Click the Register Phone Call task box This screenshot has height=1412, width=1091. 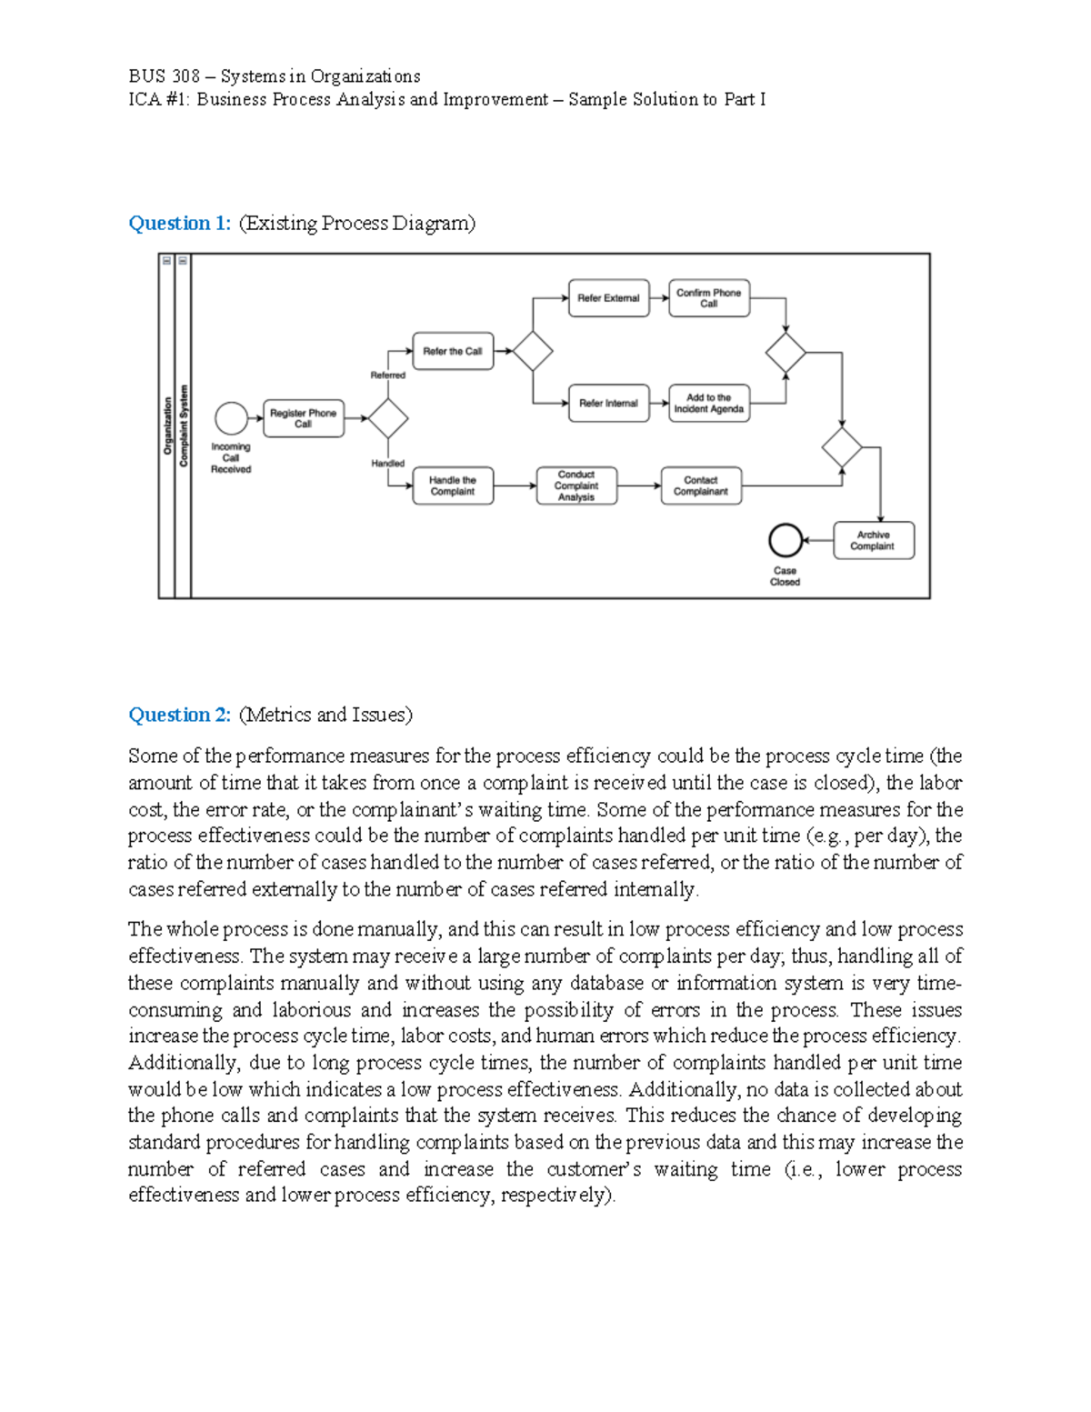pos(303,418)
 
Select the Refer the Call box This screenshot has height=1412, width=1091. pos(453,351)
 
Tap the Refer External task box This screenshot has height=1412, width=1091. pos(608,298)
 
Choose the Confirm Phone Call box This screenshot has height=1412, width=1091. pos(708,298)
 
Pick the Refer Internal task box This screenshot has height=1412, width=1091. pos(608,403)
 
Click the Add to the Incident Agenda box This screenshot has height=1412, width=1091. pos(708,403)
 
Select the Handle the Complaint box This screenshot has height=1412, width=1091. pos(453,486)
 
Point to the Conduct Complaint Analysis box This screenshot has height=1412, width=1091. pos(576,486)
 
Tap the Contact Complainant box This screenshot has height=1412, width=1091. pos(700,486)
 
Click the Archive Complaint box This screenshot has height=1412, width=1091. pos(873,540)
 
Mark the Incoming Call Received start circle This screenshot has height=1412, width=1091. pos(231,418)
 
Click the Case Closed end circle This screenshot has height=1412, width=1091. pos(785,540)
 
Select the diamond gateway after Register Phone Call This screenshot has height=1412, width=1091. pos(388,418)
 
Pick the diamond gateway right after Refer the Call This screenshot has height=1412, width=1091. pos(532,351)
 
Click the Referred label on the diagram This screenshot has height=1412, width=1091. pos(387,375)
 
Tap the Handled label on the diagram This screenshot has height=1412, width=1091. pos(387,463)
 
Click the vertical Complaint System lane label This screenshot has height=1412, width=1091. pos(184,426)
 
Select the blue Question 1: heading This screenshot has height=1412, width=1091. pos(179,223)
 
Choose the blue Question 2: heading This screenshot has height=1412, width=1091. pos(179,715)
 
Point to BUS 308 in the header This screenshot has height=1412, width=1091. pos(164,75)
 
